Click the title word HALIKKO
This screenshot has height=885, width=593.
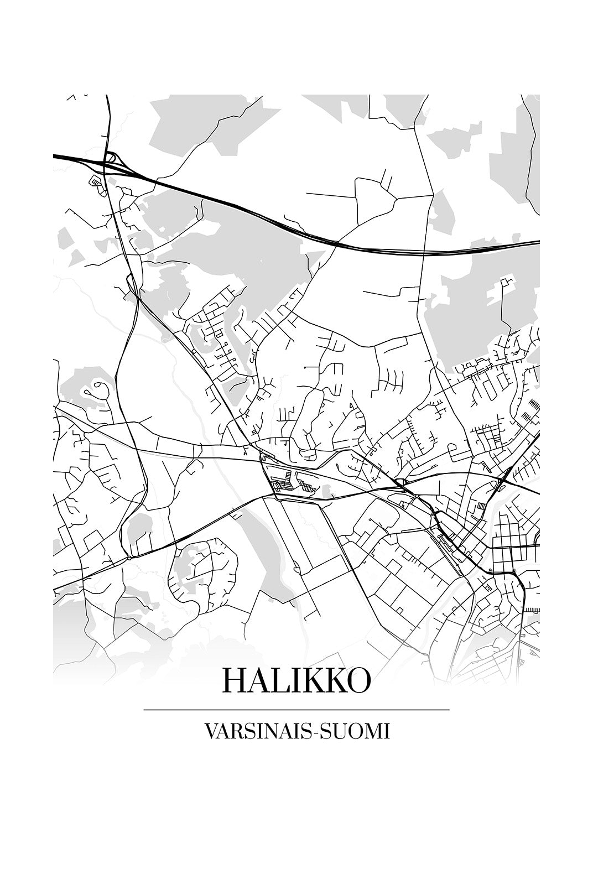click(296, 681)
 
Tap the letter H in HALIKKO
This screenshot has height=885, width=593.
click(232, 681)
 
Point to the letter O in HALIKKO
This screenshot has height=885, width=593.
click(358, 681)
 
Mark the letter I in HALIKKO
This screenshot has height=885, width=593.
click(291, 681)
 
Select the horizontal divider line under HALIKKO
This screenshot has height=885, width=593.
click(296, 710)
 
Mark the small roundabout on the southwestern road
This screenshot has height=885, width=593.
click(129, 558)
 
